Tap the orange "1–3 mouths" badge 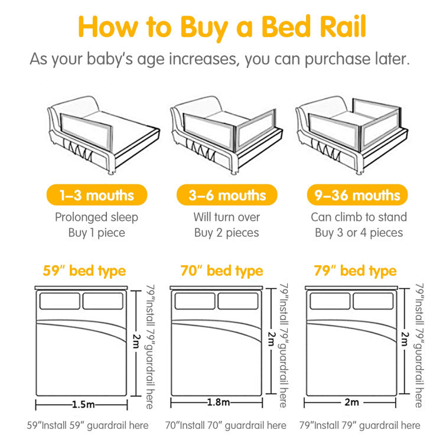[97, 195]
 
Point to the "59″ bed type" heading [84, 271]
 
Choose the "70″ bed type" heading [221, 271]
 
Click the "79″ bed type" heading [355, 271]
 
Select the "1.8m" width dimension [217, 403]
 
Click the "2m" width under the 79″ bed [351, 403]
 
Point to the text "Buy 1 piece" [97, 233]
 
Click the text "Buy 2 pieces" [227, 233]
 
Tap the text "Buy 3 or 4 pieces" [359, 233]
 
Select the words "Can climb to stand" [359, 217]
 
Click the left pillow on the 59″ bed [60, 301]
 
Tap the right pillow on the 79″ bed [373, 301]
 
